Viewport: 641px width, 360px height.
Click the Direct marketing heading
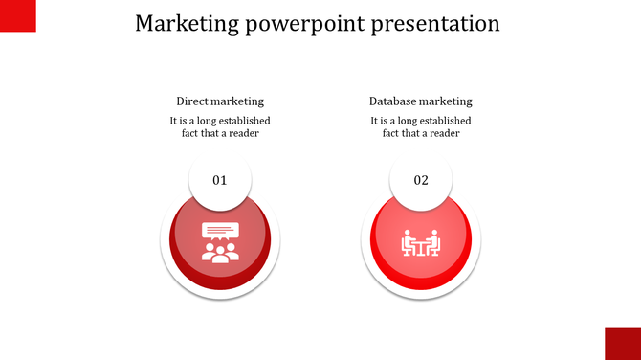click(x=220, y=101)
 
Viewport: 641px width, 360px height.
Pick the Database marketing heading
click(x=421, y=101)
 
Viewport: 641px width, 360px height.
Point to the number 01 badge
click(x=220, y=180)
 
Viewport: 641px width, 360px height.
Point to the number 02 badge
click(x=421, y=180)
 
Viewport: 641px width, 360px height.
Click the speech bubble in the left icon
click(x=219, y=232)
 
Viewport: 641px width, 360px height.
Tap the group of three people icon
click(x=220, y=253)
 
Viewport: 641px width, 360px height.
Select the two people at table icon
click(x=421, y=243)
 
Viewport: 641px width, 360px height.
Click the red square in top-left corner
click(x=17, y=15)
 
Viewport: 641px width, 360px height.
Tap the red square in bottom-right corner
click(x=623, y=343)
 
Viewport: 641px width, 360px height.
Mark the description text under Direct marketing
click(x=220, y=127)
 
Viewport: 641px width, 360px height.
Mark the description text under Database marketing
click(x=421, y=127)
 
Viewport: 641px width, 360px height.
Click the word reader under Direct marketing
click(x=245, y=134)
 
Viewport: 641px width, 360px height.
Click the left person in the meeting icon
click(x=409, y=243)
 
